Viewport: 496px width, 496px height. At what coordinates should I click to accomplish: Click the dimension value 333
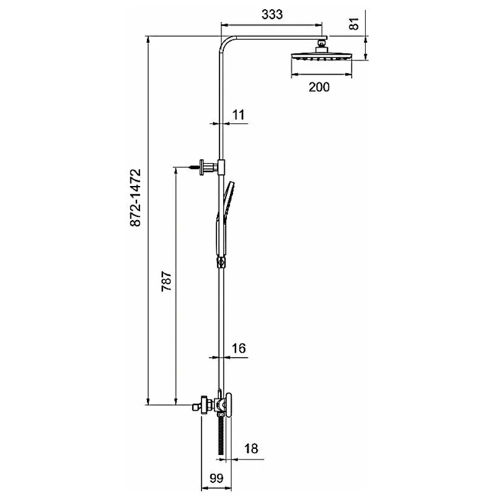272,14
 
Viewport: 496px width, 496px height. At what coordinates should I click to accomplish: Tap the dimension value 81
354,24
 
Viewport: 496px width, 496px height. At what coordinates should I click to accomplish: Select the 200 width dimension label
319,87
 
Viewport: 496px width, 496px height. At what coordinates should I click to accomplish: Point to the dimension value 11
239,115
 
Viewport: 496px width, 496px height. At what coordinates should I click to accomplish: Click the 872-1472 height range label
136,198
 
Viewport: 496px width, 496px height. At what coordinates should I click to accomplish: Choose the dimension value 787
166,281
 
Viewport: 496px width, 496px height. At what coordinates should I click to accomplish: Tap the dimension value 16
239,348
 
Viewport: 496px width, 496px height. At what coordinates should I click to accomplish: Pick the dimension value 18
251,448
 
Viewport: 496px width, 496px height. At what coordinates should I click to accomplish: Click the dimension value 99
216,478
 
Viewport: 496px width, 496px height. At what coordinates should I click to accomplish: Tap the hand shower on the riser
224,218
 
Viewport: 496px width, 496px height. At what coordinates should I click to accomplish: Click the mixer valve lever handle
229,405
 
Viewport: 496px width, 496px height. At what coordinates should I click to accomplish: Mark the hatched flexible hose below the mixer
221,435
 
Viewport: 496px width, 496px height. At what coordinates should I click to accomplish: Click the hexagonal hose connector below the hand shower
221,262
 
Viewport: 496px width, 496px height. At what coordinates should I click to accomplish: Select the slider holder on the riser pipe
221,167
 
